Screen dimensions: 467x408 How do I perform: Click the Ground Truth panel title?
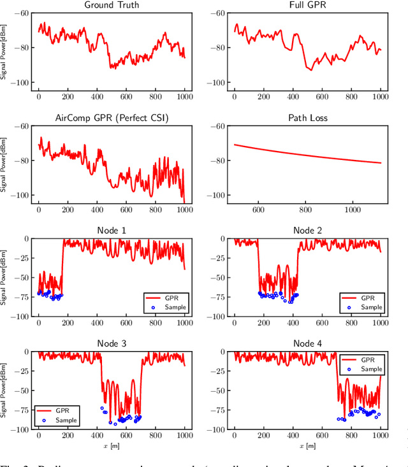[x=112, y=5]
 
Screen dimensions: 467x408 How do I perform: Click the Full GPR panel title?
[x=307, y=5]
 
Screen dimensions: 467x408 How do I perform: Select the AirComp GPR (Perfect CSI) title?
[x=112, y=118]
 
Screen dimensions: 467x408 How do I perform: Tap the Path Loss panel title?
[x=307, y=118]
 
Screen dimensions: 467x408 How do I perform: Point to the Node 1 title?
[x=112, y=231]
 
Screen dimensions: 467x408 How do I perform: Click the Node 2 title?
[x=307, y=231]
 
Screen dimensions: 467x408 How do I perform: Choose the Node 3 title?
[x=112, y=343]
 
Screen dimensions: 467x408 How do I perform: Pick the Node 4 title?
[x=307, y=343]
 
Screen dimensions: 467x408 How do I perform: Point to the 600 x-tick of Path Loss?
[x=258, y=209]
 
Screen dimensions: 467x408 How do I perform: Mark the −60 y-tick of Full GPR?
[x=217, y=13]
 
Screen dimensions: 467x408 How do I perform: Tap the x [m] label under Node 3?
[x=112, y=445]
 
